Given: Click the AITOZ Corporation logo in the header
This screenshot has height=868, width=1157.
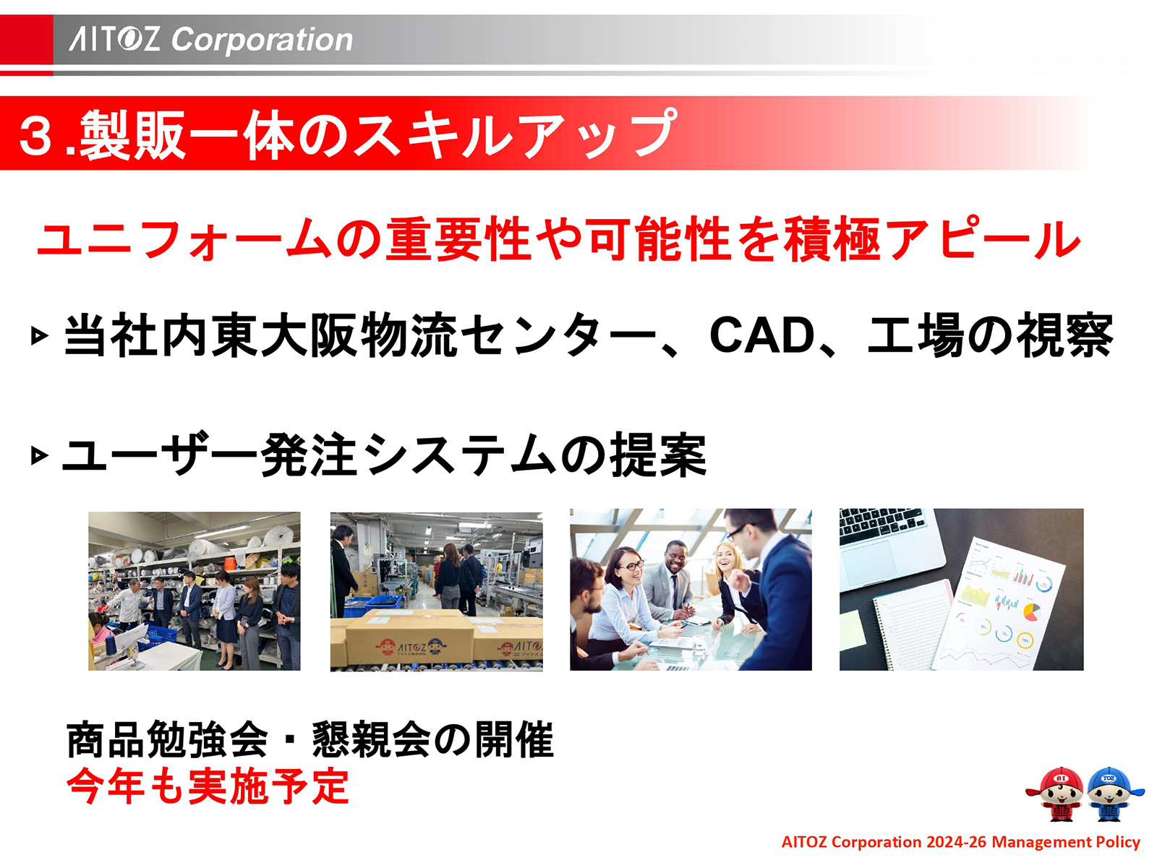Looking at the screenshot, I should point(210,39).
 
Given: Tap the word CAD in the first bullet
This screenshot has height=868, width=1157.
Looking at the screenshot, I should point(762,335).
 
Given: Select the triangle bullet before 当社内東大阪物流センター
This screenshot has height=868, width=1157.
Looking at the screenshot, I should point(40,336).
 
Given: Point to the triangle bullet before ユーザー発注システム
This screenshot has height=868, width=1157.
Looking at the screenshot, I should point(40,456).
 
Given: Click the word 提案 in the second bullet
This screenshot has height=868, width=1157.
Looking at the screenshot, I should point(658,455).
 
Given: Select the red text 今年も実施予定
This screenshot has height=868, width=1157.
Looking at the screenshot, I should point(208,786).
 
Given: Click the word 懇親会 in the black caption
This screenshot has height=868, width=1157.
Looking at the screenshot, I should point(371,740).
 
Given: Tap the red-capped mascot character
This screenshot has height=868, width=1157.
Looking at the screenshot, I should point(1056,794).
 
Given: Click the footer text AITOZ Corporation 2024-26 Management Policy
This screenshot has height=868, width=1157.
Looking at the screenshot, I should point(960,842).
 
